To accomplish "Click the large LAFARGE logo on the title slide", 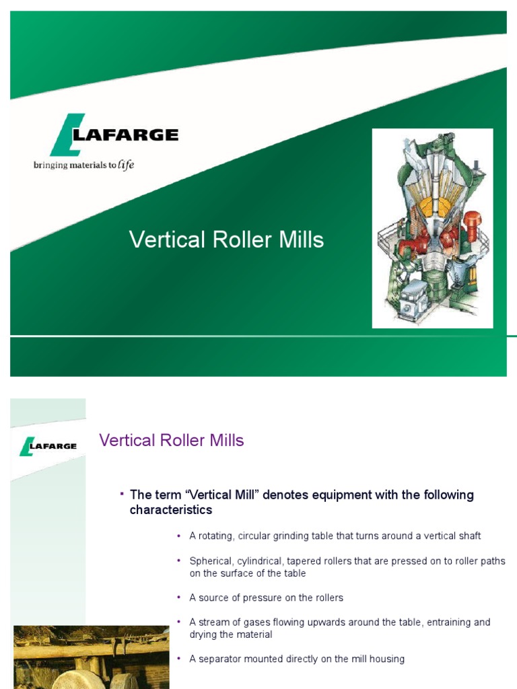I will [x=114, y=135].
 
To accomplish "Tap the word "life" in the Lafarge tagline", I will [x=126, y=166].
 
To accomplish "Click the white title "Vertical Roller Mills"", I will [x=226, y=240].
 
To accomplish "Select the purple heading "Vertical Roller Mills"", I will [x=171, y=441].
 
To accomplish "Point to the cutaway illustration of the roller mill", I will [x=433, y=228].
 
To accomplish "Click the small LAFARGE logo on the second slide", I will [x=48, y=446].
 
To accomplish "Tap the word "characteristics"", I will [x=170, y=510].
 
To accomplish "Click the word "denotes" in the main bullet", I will [x=284, y=495].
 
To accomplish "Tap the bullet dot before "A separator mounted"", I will [x=179, y=659].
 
